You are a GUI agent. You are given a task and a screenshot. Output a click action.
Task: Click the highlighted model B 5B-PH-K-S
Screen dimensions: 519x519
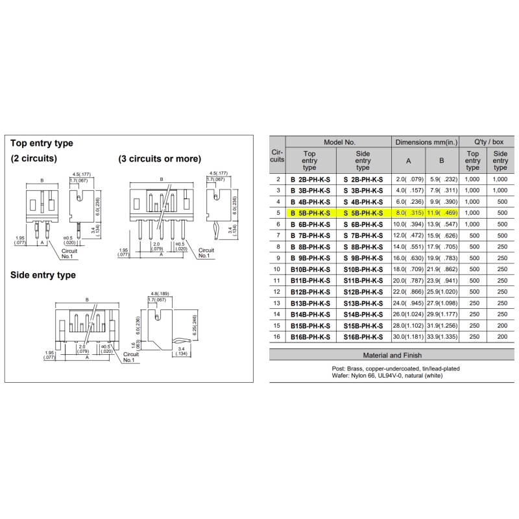pyautogui.click(x=310, y=213)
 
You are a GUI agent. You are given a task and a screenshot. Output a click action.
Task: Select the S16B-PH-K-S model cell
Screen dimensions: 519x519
pyautogui.click(x=363, y=337)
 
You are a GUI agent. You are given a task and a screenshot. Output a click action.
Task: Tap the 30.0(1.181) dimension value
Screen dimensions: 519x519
pyautogui.click(x=408, y=337)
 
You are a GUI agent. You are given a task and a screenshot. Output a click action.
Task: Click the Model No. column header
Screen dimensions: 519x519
pyautogui.click(x=339, y=142)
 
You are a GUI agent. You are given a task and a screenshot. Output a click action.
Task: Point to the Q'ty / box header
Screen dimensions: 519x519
pyautogui.click(x=489, y=142)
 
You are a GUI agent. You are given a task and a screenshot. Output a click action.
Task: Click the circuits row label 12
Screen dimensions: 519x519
pyautogui.click(x=277, y=291)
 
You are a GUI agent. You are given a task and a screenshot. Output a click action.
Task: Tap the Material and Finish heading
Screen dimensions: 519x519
pyautogui.click(x=392, y=355)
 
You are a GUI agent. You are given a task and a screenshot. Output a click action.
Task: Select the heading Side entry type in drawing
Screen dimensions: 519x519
pyautogui.click(x=43, y=275)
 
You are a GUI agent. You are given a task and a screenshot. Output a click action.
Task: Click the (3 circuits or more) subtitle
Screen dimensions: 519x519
pyautogui.click(x=160, y=158)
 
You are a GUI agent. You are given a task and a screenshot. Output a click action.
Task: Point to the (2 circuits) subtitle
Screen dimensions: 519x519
pyautogui.click(x=34, y=158)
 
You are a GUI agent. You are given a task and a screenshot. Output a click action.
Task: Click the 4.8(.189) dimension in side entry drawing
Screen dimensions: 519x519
pyautogui.click(x=160, y=294)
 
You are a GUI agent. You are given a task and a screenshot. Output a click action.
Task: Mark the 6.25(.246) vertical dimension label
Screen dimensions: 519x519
pyautogui.click(x=195, y=325)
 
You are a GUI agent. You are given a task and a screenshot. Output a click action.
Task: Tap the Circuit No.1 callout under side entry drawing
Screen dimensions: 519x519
pyautogui.click(x=130, y=357)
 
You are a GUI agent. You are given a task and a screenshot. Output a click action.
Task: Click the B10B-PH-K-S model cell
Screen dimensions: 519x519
pyautogui.click(x=310, y=269)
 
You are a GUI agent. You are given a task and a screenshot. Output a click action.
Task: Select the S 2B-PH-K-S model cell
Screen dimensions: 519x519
pyautogui.click(x=363, y=180)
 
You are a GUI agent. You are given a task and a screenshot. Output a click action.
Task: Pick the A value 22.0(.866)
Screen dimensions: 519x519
pyautogui.click(x=408, y=291)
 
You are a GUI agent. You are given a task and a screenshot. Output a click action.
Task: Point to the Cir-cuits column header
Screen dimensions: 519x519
pyautogui.click(x=277, y=156)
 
